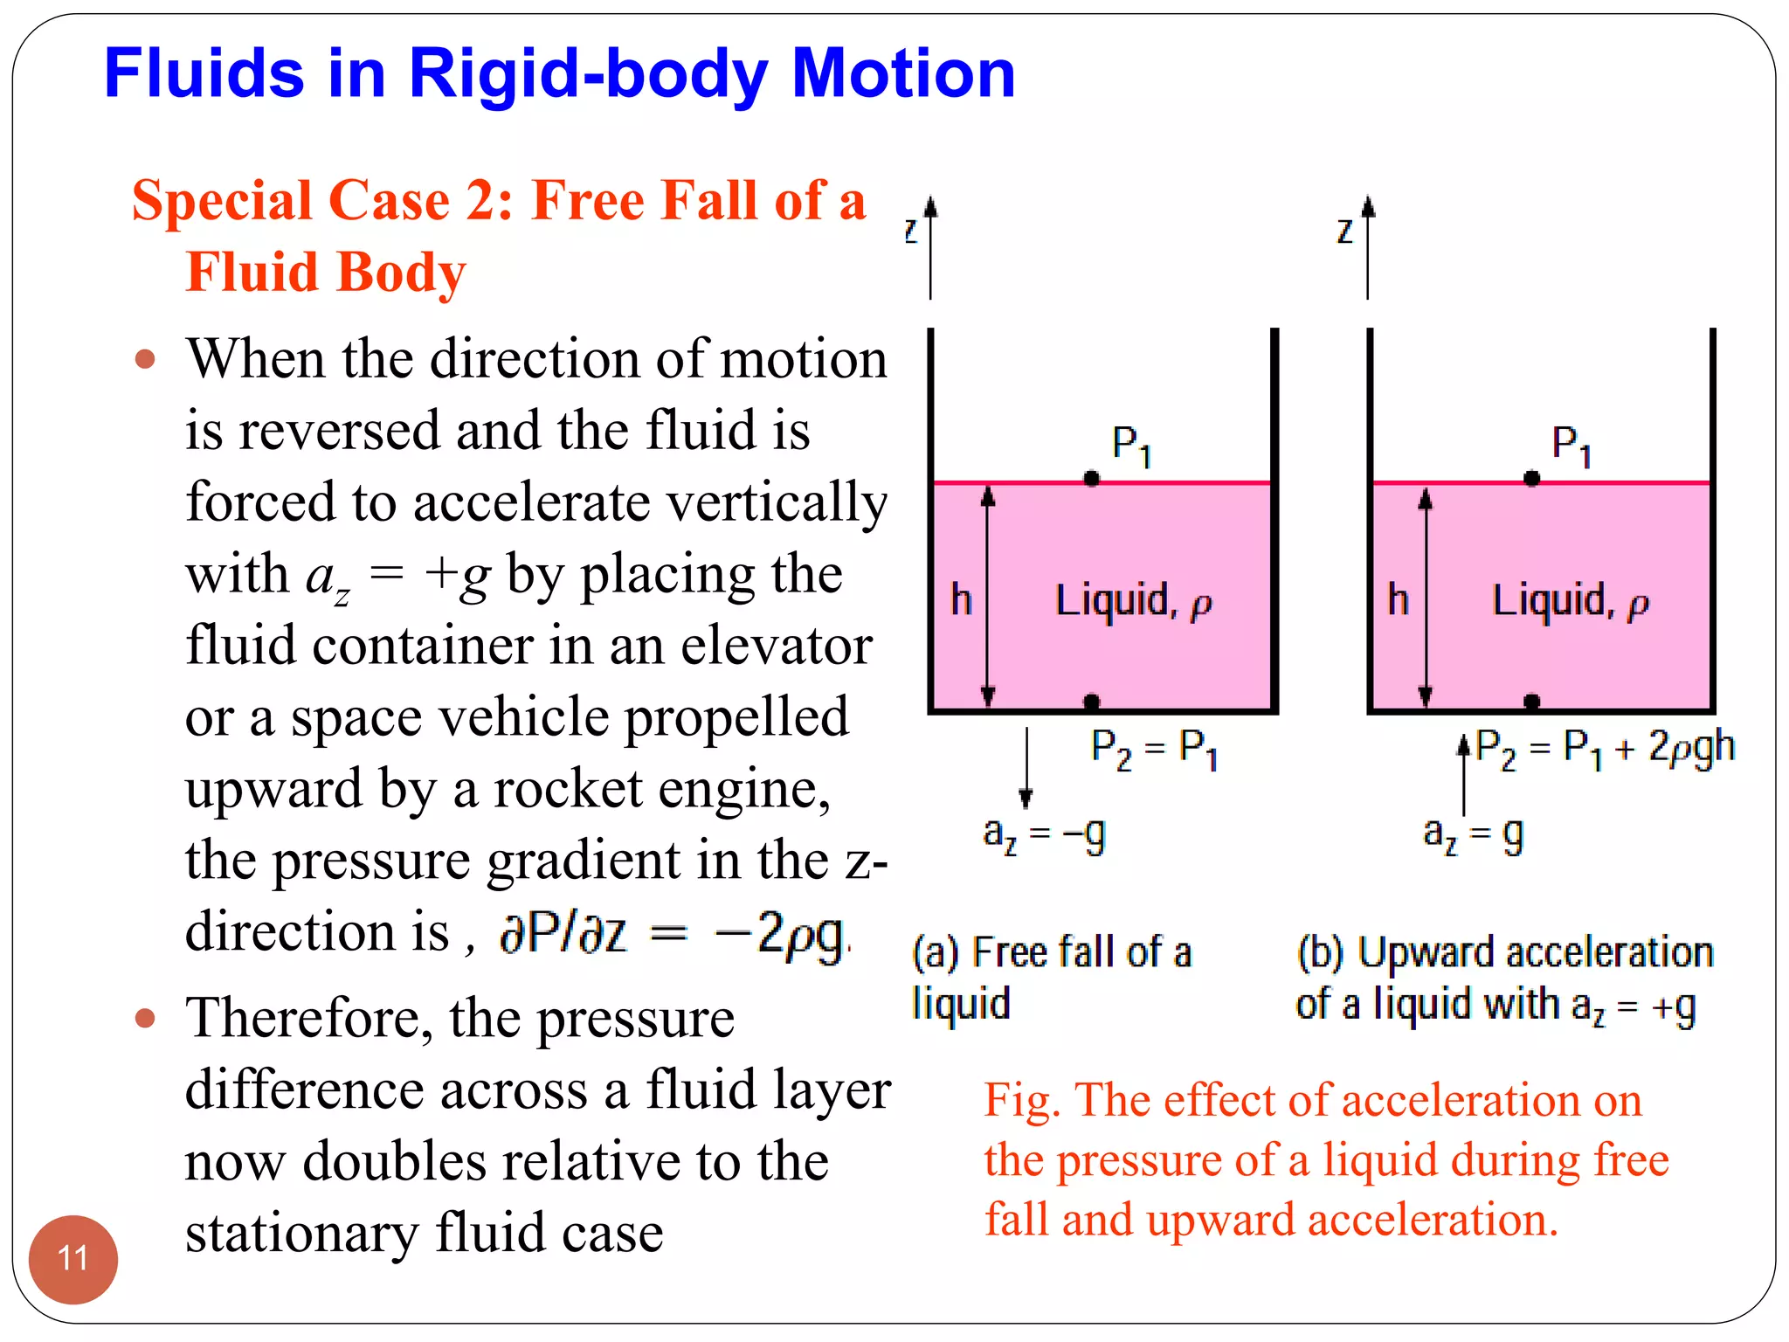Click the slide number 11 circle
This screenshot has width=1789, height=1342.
(73, 1259)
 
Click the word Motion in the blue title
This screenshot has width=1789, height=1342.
(903, 73)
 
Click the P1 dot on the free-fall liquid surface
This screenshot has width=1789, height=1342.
(1091, 478)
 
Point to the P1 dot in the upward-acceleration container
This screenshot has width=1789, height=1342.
(1531, 478)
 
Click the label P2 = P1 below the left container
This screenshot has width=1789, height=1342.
(1154, 750)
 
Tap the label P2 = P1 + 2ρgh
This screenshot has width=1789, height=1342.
(1604, 750)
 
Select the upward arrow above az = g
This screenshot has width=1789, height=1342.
(1464, 773)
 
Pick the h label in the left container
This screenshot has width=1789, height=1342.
(961, 600)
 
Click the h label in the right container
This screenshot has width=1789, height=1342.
(1398, 600)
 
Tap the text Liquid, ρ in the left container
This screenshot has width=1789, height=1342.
(1133, 601)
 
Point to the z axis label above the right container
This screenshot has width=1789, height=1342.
(1345, 231)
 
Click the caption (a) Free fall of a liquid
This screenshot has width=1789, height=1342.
(1051, 977)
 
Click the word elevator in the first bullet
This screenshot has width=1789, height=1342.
(776, 647)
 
